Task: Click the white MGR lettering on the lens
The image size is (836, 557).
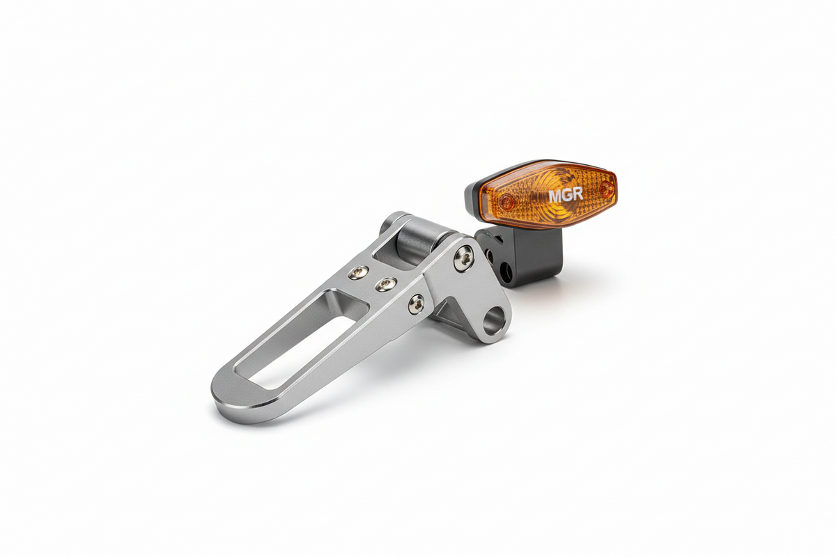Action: pos(566,195)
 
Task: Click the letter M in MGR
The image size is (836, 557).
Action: pos(555,196)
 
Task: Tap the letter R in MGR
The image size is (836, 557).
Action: pos(578,194)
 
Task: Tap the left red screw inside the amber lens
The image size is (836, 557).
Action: pos(507,202)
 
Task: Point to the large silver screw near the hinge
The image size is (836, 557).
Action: pos(464,258)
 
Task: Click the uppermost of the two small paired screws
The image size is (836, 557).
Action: pos(358,273)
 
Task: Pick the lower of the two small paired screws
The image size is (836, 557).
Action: pos(386,285)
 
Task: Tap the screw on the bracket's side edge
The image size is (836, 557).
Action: pos(416,304)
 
